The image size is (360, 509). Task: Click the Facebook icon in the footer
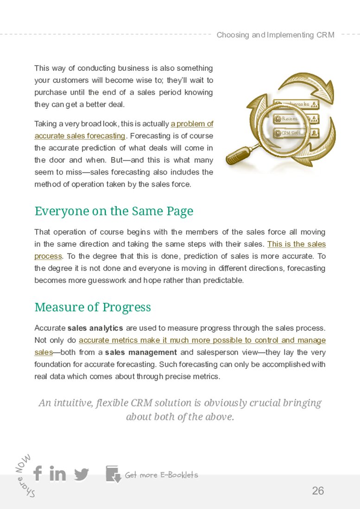pos(38,473)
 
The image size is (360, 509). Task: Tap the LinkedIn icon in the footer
pos(57,474)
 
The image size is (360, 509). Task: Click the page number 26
pos(318,491)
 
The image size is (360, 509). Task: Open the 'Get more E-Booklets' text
pos(161,475)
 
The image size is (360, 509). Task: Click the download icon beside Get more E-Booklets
pos(113,474)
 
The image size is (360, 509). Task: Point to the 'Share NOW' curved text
pos(25,475)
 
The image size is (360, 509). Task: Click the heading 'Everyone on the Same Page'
pos(114,211)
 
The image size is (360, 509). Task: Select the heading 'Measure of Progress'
pos(93,308)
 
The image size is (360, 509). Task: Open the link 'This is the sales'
pos(296,244)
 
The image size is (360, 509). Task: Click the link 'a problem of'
pos(192,124)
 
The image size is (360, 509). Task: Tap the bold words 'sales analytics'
pos(95,328)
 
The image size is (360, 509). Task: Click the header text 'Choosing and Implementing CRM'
pos(275,35)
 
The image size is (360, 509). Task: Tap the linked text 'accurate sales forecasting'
pos(80,136)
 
